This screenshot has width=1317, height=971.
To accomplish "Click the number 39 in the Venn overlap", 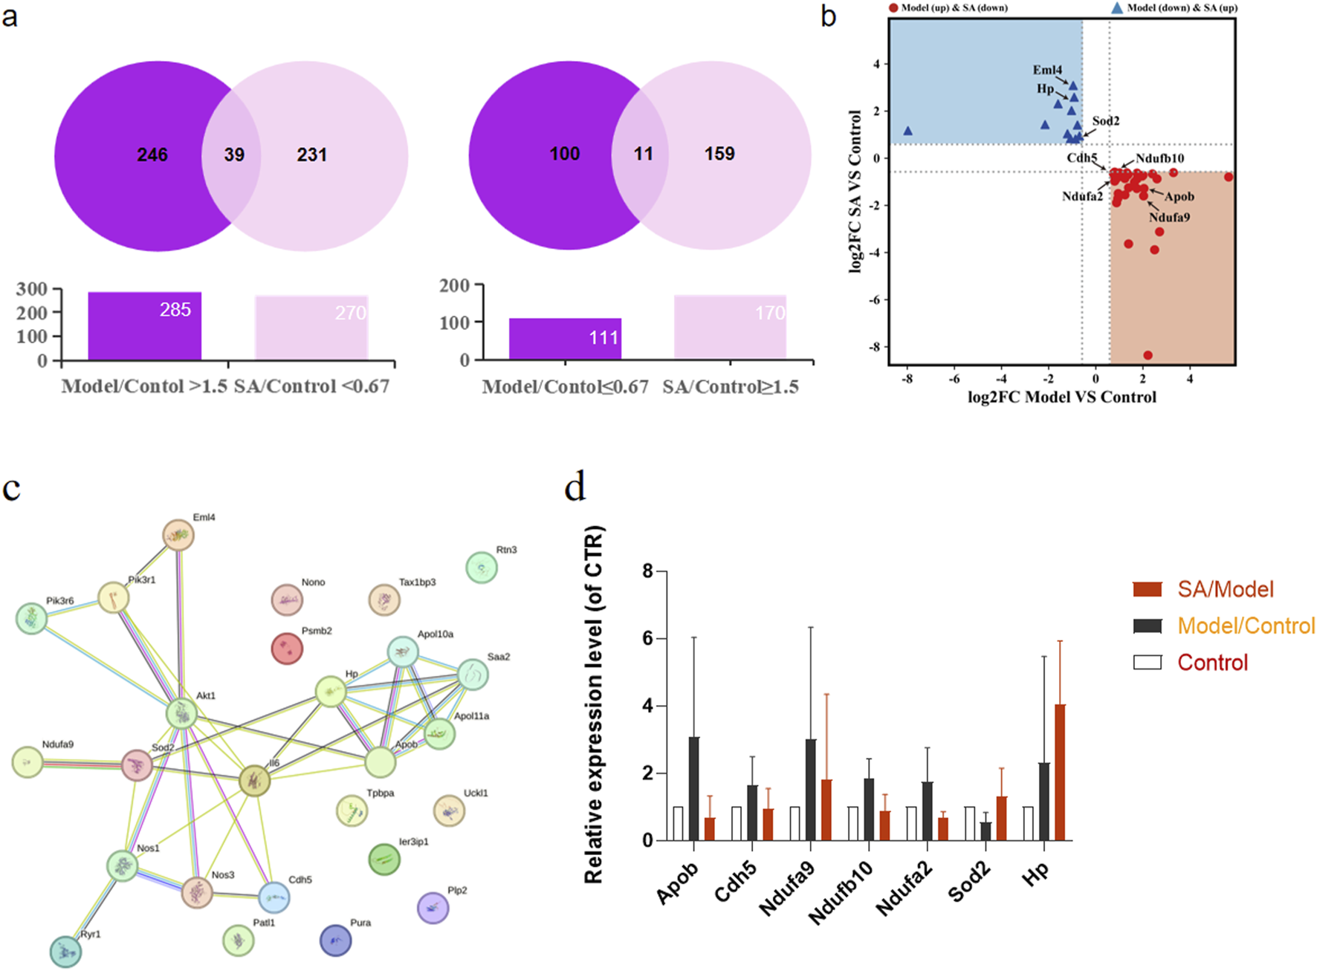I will pyautogui.click(x=234, y=155).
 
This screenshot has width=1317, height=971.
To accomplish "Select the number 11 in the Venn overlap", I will pyautogui.click(x=643, y=154).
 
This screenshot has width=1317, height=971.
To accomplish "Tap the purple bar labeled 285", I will pyautogui.click(x=144, y=326).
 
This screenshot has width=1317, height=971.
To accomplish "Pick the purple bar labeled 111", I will pyautogui.click(x=565, y=339).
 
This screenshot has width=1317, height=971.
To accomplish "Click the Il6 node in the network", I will pyautogui.click(x=254, y=781).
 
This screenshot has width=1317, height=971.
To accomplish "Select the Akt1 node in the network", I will pyautogui.click(x=181, y=714).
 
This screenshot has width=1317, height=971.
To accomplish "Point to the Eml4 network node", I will pyautogui.click(x=178, y=535).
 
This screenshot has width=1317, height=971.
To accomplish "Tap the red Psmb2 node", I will pyautogui.click(x=287, y=649).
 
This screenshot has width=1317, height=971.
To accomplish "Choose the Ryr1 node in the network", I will pyautogui.click(x=65, y=952).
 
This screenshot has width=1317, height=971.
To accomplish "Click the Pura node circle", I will pyautogui.click(x=335, y=940).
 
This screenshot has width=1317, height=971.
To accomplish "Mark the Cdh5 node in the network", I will pyautogui.click(x=274, y=897).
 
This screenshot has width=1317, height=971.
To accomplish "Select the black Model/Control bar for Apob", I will pyautogui.click(x=693, y=788).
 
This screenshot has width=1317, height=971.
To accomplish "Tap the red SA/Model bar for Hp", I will pyautogui.click(x=1060, y=772).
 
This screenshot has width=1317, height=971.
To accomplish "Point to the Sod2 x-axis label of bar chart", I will pyautogui.click(x=969, y=882).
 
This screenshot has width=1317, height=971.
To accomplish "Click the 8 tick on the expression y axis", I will pyautogui.click(x=648, y=571).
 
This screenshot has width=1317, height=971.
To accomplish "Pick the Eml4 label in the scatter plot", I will pyautogui.click(x=1047, y=70).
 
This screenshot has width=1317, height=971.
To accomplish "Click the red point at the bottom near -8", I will pyautogui.click(x=1148, y=355).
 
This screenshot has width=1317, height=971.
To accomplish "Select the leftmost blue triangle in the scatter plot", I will pyautogui.click(x=907, y=131).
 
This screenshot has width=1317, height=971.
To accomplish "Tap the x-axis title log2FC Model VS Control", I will pyautogui.click(x=1061, y=397).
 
